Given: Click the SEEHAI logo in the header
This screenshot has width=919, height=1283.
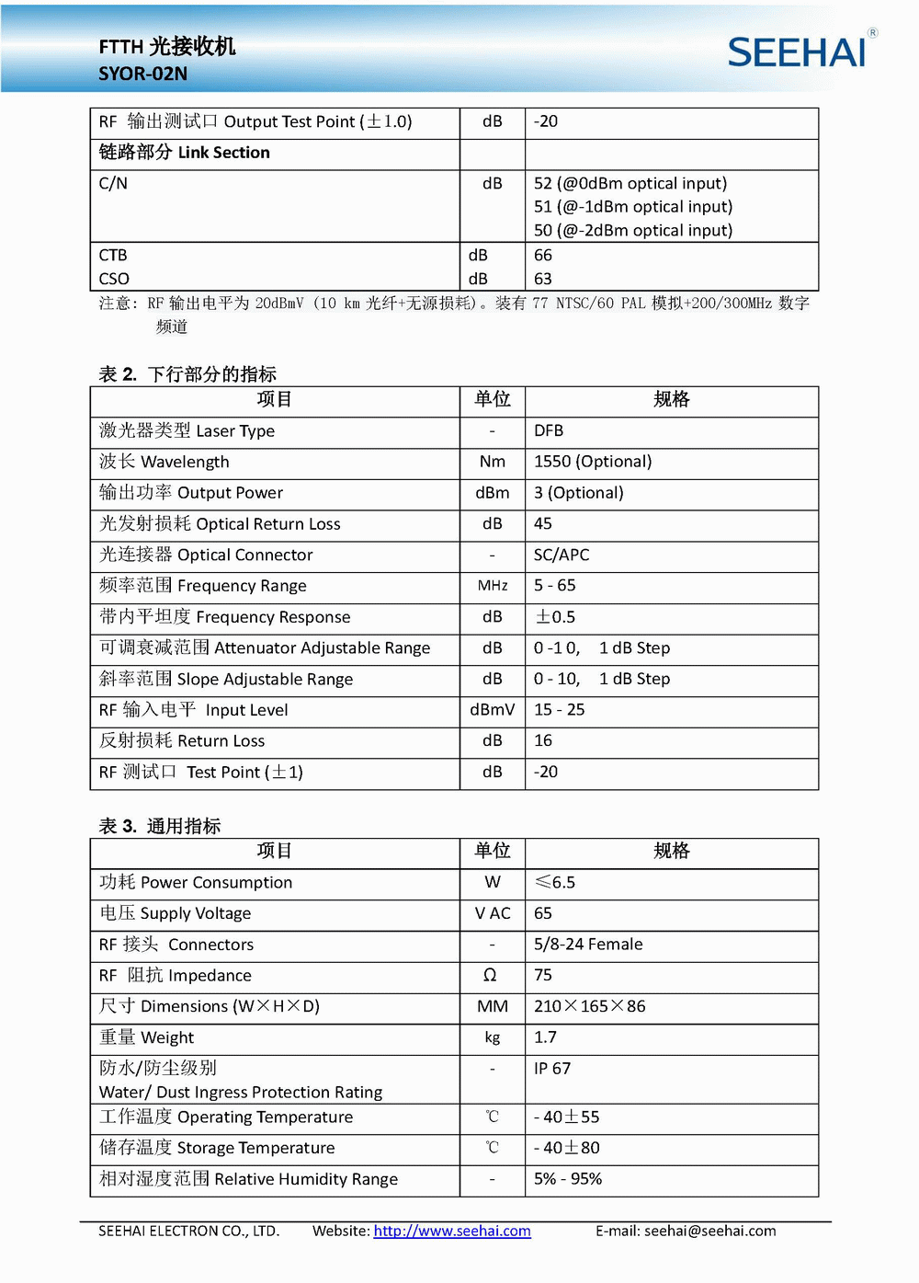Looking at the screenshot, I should pos(798,52).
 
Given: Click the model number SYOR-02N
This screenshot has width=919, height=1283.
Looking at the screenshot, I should pos(143,74).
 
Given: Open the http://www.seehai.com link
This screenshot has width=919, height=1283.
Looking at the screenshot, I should pos(452,1231).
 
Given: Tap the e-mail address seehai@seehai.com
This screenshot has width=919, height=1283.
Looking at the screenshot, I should pos(709,1231).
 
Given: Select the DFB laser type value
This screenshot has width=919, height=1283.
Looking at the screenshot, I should pos(549,430).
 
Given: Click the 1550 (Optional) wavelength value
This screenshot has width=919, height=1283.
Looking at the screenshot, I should pos(593,462).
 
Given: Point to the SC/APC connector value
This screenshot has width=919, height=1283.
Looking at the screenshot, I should pos(562,555).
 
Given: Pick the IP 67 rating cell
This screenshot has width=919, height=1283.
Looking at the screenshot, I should pos(552,1069).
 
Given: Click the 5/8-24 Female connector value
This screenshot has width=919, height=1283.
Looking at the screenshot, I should pos(588,945).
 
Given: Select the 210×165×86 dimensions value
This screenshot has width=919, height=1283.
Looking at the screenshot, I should pos(590,1006).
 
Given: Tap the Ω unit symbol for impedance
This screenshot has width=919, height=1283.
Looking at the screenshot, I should pos(491,976).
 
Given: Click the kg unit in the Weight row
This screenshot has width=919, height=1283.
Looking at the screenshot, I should pos(492,1037).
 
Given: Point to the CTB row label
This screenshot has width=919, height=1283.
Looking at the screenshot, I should pos(113,256).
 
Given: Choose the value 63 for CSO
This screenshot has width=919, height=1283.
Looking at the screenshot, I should pos(543,279).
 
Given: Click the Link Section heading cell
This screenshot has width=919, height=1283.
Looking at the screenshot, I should pos(185,153).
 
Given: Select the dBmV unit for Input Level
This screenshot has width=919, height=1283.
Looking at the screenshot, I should pos(492,710).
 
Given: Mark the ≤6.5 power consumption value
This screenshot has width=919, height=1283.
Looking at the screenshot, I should pos(555,883).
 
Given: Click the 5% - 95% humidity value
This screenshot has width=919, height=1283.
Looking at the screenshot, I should pos(568,1179).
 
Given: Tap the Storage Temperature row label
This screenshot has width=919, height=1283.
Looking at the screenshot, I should pos(217,1148).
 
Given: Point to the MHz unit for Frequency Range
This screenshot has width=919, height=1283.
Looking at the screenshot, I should pos(492,586).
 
